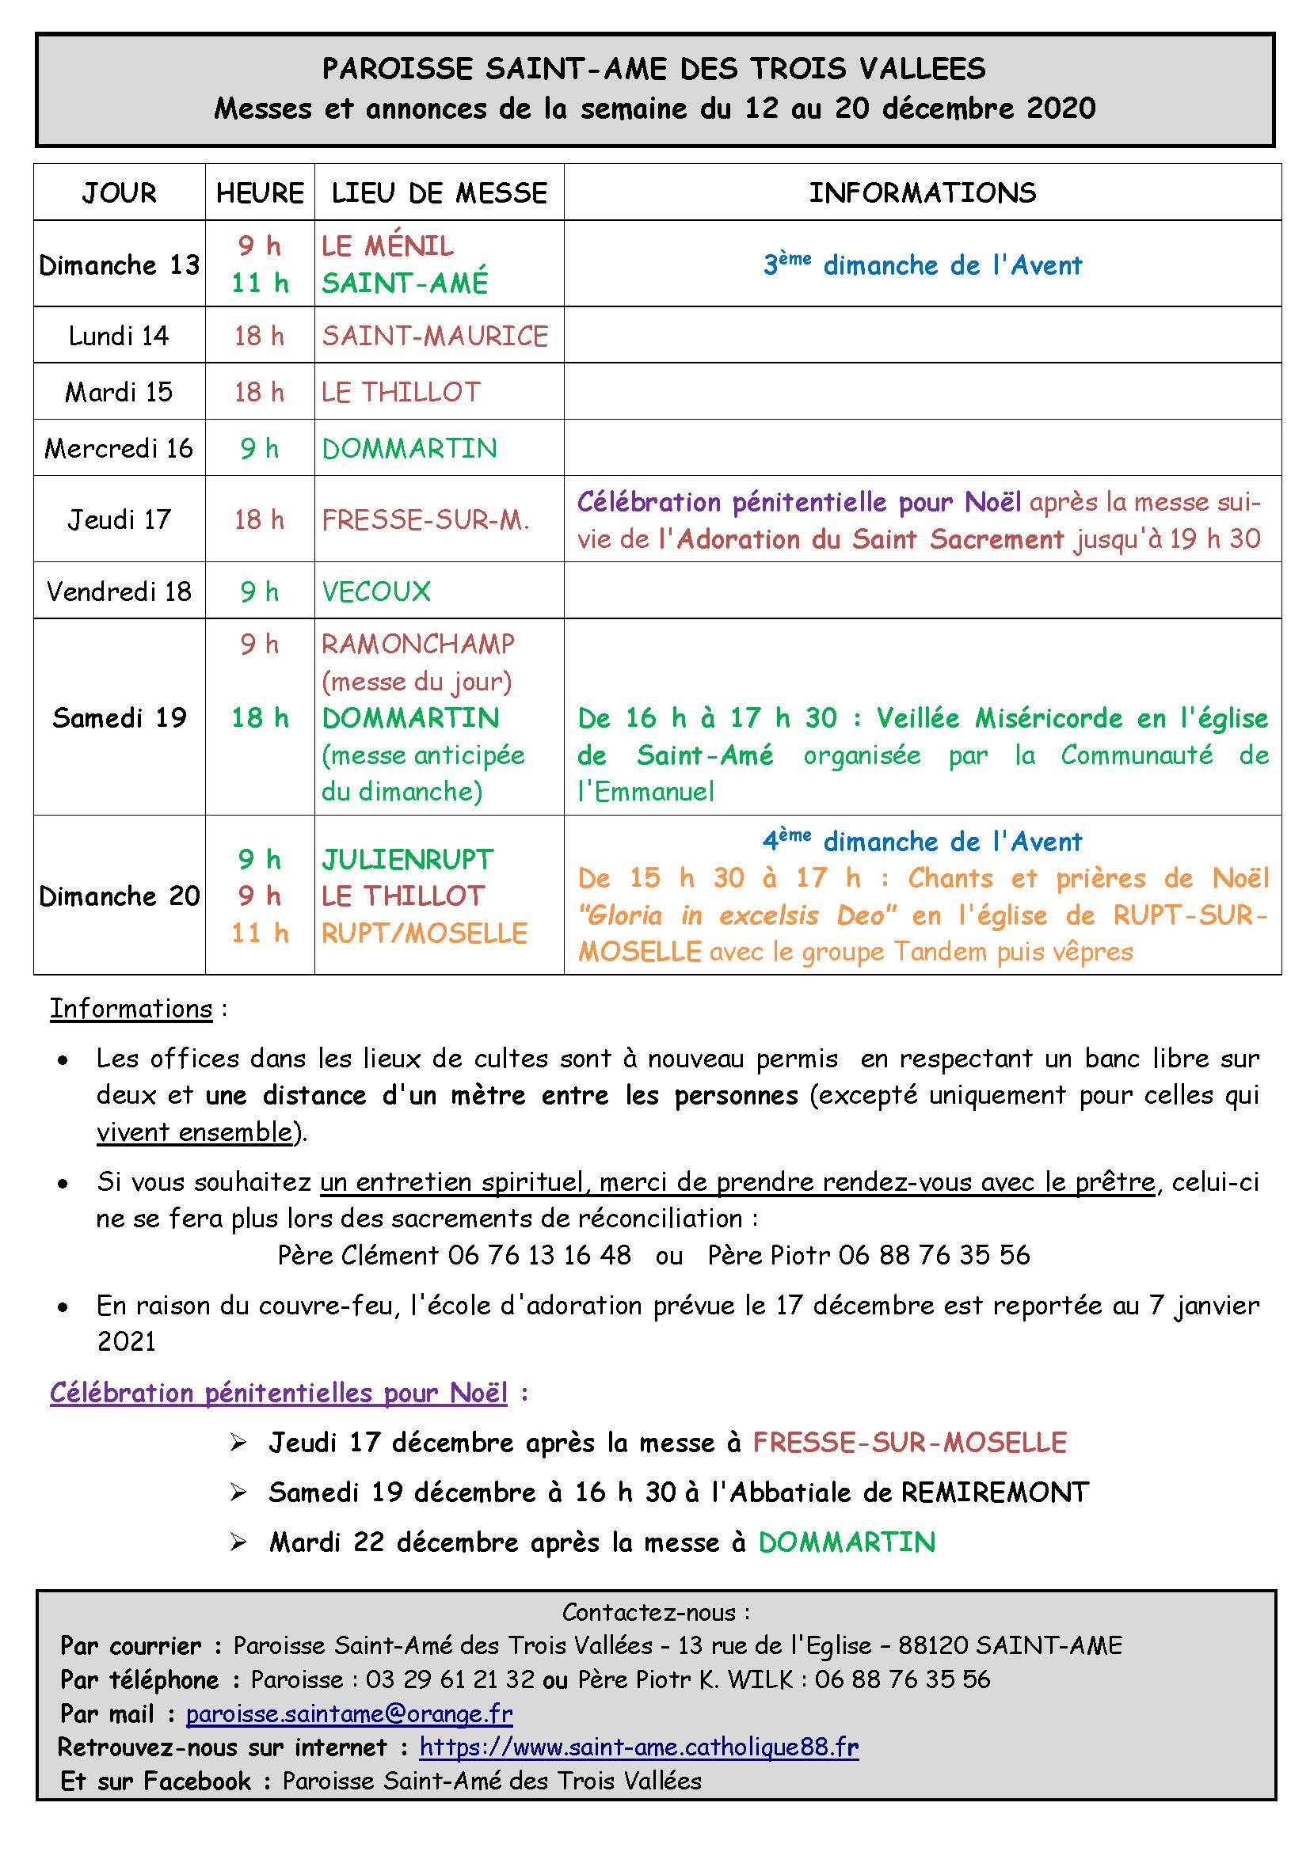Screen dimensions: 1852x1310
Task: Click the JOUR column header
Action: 119,192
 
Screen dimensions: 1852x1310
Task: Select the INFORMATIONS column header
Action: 922,192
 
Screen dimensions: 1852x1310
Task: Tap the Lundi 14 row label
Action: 119,336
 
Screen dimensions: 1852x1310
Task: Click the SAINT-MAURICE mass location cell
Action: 435,336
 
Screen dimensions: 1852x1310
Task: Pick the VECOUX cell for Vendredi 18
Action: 376,591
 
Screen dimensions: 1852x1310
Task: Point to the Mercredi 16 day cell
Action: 119,448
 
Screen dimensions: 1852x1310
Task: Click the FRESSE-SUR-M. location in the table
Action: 425,519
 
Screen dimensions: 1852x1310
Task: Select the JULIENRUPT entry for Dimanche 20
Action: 407,860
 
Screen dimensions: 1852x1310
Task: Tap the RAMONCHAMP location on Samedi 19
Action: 418,644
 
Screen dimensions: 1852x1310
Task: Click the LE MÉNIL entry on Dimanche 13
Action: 387,246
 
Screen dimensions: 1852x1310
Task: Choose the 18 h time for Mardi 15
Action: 259,392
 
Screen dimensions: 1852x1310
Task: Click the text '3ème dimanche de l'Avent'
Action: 922,264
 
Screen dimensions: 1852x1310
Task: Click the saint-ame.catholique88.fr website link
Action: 639,1747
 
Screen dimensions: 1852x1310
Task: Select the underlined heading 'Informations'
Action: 131,1009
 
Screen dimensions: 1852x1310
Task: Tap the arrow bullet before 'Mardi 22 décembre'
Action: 238,1543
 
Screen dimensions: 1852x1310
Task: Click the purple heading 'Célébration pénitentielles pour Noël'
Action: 278,1393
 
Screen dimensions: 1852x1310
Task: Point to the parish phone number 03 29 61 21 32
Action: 449,1679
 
